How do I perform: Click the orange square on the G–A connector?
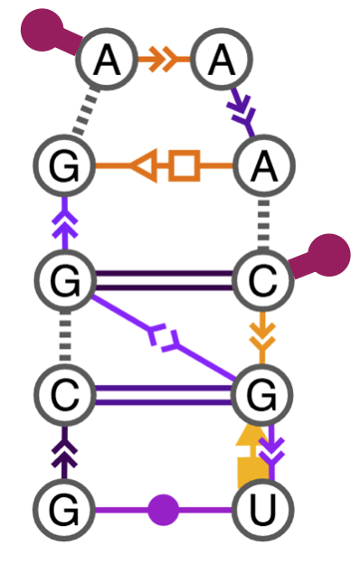[185, 166]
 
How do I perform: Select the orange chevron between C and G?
[261, 340]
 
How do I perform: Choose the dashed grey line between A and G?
[84, 110]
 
